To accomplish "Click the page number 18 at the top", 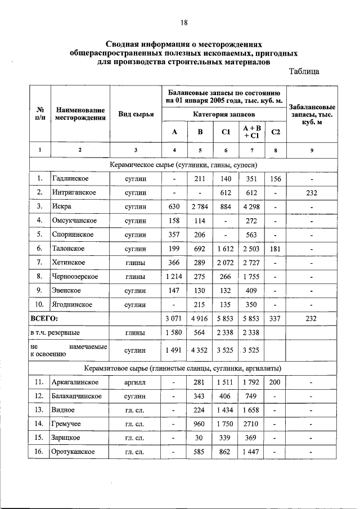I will (x=184, y=23).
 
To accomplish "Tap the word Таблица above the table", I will (x=304, y=71).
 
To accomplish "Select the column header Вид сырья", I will (x=136, y=114).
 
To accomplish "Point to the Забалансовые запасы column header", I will (x=312, y=114).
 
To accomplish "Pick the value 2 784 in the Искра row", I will (x=200, y=206).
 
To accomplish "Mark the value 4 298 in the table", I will (x=251, y=206).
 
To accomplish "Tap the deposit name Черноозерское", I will (x=75, y=277).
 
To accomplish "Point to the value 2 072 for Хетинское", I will (x=226, y=263).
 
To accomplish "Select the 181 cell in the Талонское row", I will (x=276, y=249).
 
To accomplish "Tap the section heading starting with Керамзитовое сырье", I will (x=183, y=368).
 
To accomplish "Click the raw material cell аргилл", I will (x=136, y=382).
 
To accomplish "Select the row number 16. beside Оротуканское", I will (x=40, y=452).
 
